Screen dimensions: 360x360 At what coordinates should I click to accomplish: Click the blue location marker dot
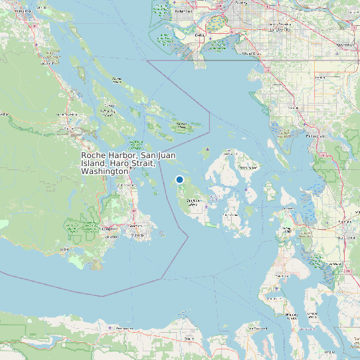coord(179,179)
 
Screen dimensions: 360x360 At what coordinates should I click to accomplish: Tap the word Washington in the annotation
coord(104,171)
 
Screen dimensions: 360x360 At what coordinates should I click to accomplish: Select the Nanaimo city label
coord(20,12)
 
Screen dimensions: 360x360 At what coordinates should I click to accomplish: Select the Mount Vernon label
coord(345,236)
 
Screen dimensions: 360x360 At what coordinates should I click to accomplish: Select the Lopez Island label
coord(232,215)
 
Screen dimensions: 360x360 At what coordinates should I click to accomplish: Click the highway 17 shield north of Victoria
coord(134,211)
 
